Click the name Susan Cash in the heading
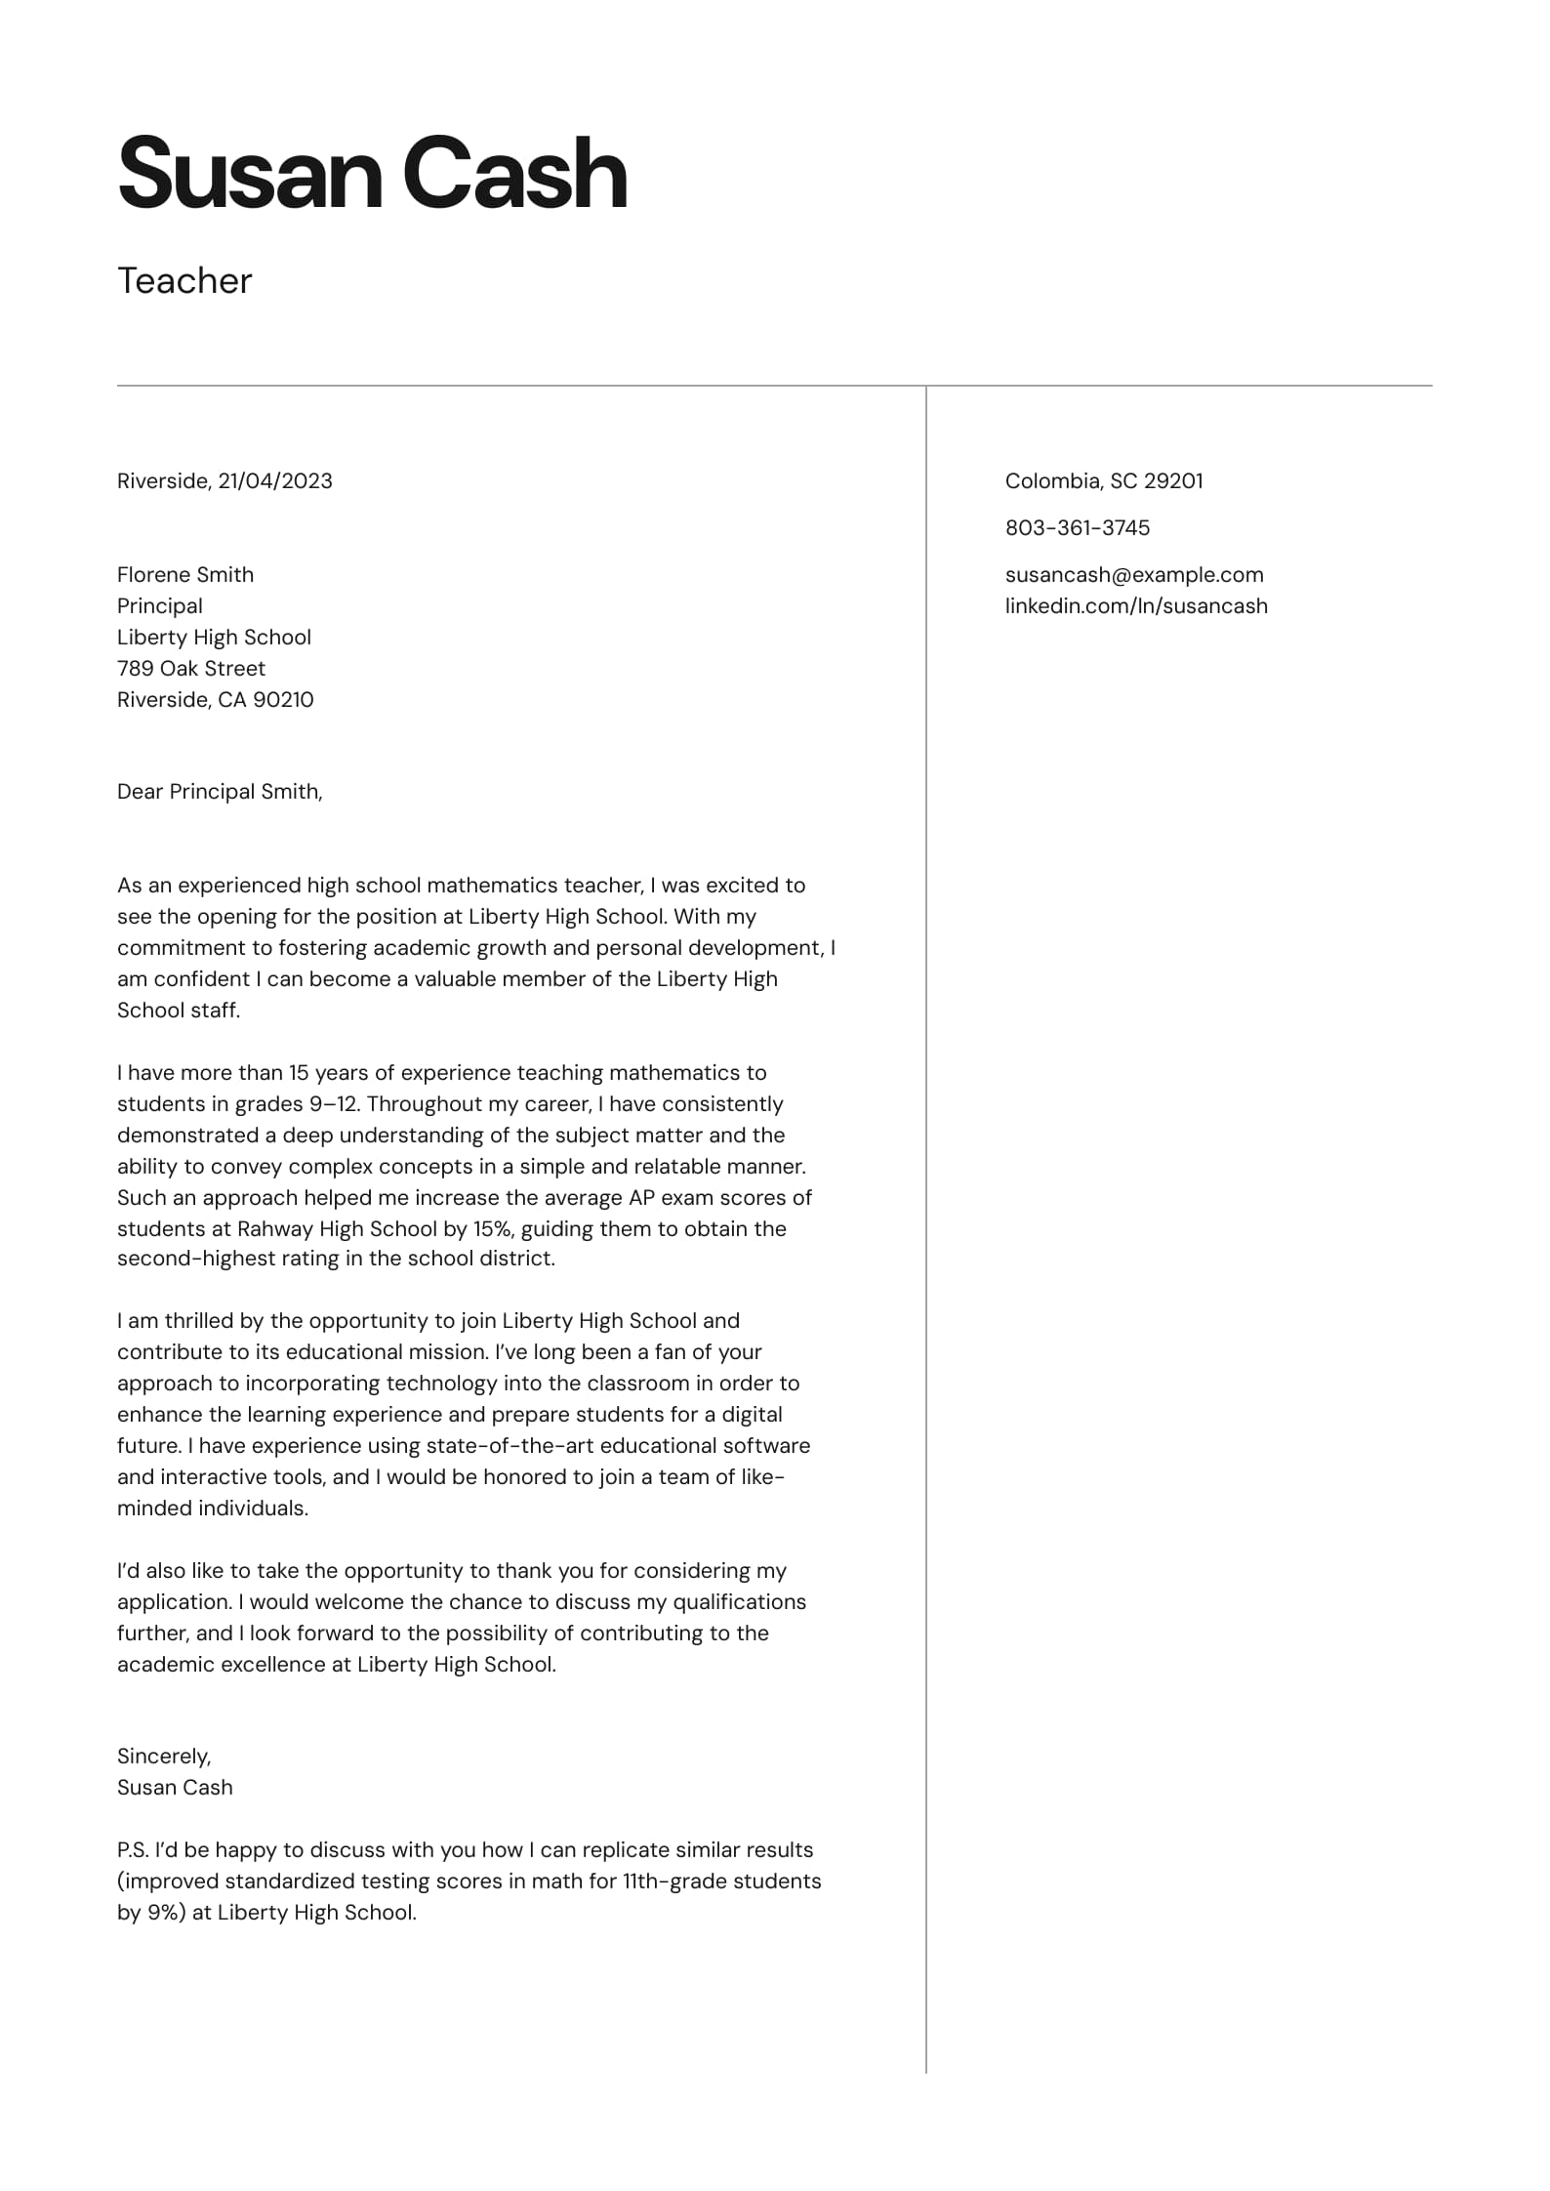click(372, 174)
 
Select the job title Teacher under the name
click(184, 281)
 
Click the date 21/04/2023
click(275, 480)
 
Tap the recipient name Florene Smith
click(185, 574)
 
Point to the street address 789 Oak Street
click(191, 668)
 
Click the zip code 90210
click(283, 699)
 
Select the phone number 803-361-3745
click(1078, 527)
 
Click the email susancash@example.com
click(1134, 574)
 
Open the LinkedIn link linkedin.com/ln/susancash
click(1136, 605)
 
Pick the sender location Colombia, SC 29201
click(1104, 480)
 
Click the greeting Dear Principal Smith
click(220, 791)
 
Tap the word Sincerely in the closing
click(163, 1756)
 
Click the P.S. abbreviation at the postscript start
click(132, 1849)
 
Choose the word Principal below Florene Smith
click(160, 605)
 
